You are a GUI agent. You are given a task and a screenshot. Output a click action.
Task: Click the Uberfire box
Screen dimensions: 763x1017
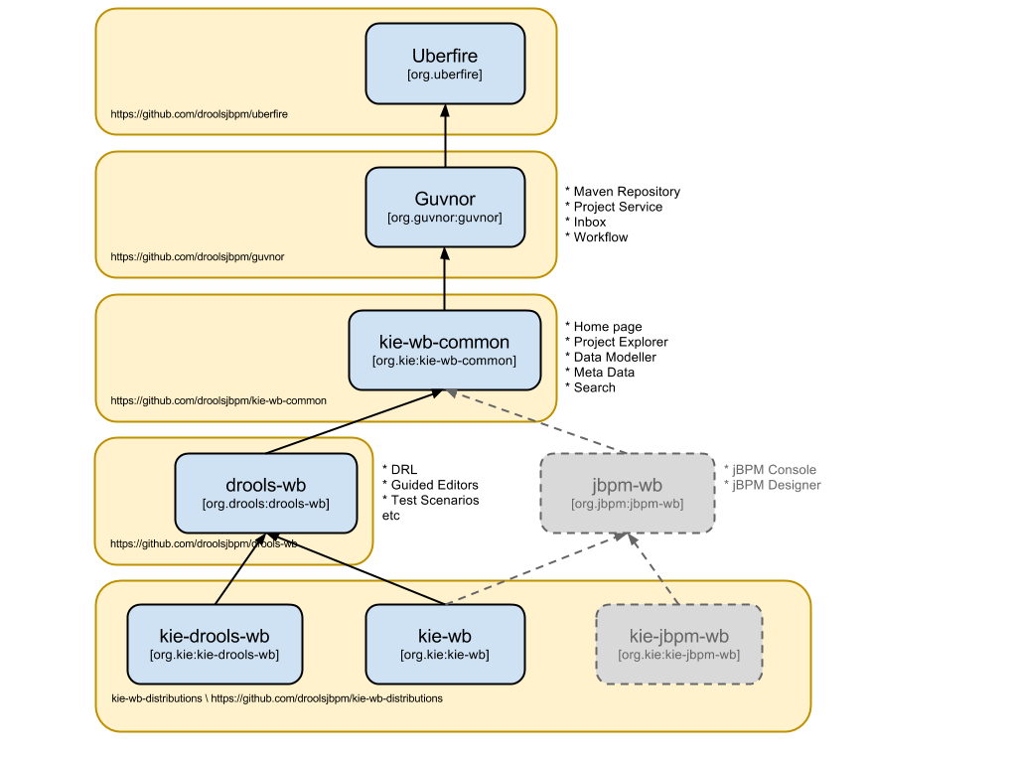click(445, 64)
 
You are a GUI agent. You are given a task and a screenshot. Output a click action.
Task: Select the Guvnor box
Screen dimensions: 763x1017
click(445, 207)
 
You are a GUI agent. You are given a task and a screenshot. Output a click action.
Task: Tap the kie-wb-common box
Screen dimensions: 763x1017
click(445, 350)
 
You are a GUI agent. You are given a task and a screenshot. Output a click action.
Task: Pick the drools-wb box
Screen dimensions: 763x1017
click(265, 493)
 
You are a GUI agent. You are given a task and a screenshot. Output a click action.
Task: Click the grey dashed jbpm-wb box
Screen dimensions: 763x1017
click(627, 493)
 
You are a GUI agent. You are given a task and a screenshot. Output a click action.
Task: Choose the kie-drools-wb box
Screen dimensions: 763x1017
click(215, 644)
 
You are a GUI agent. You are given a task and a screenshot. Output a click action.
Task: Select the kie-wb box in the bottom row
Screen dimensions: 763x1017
click(445, 644)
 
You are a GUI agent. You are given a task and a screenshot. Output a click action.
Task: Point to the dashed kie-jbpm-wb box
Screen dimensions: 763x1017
click(679, 644)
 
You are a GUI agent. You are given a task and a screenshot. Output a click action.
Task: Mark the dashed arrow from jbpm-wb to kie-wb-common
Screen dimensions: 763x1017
click(536, 422)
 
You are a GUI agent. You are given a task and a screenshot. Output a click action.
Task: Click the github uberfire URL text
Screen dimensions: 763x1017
click(199, 114)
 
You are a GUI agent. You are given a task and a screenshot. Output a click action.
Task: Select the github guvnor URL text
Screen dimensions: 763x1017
click(198, 257)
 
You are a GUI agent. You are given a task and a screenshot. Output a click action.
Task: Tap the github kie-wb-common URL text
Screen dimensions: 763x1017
click(218, 401)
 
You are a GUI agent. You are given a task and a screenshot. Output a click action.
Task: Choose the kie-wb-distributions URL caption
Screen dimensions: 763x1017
click(277, 698)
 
